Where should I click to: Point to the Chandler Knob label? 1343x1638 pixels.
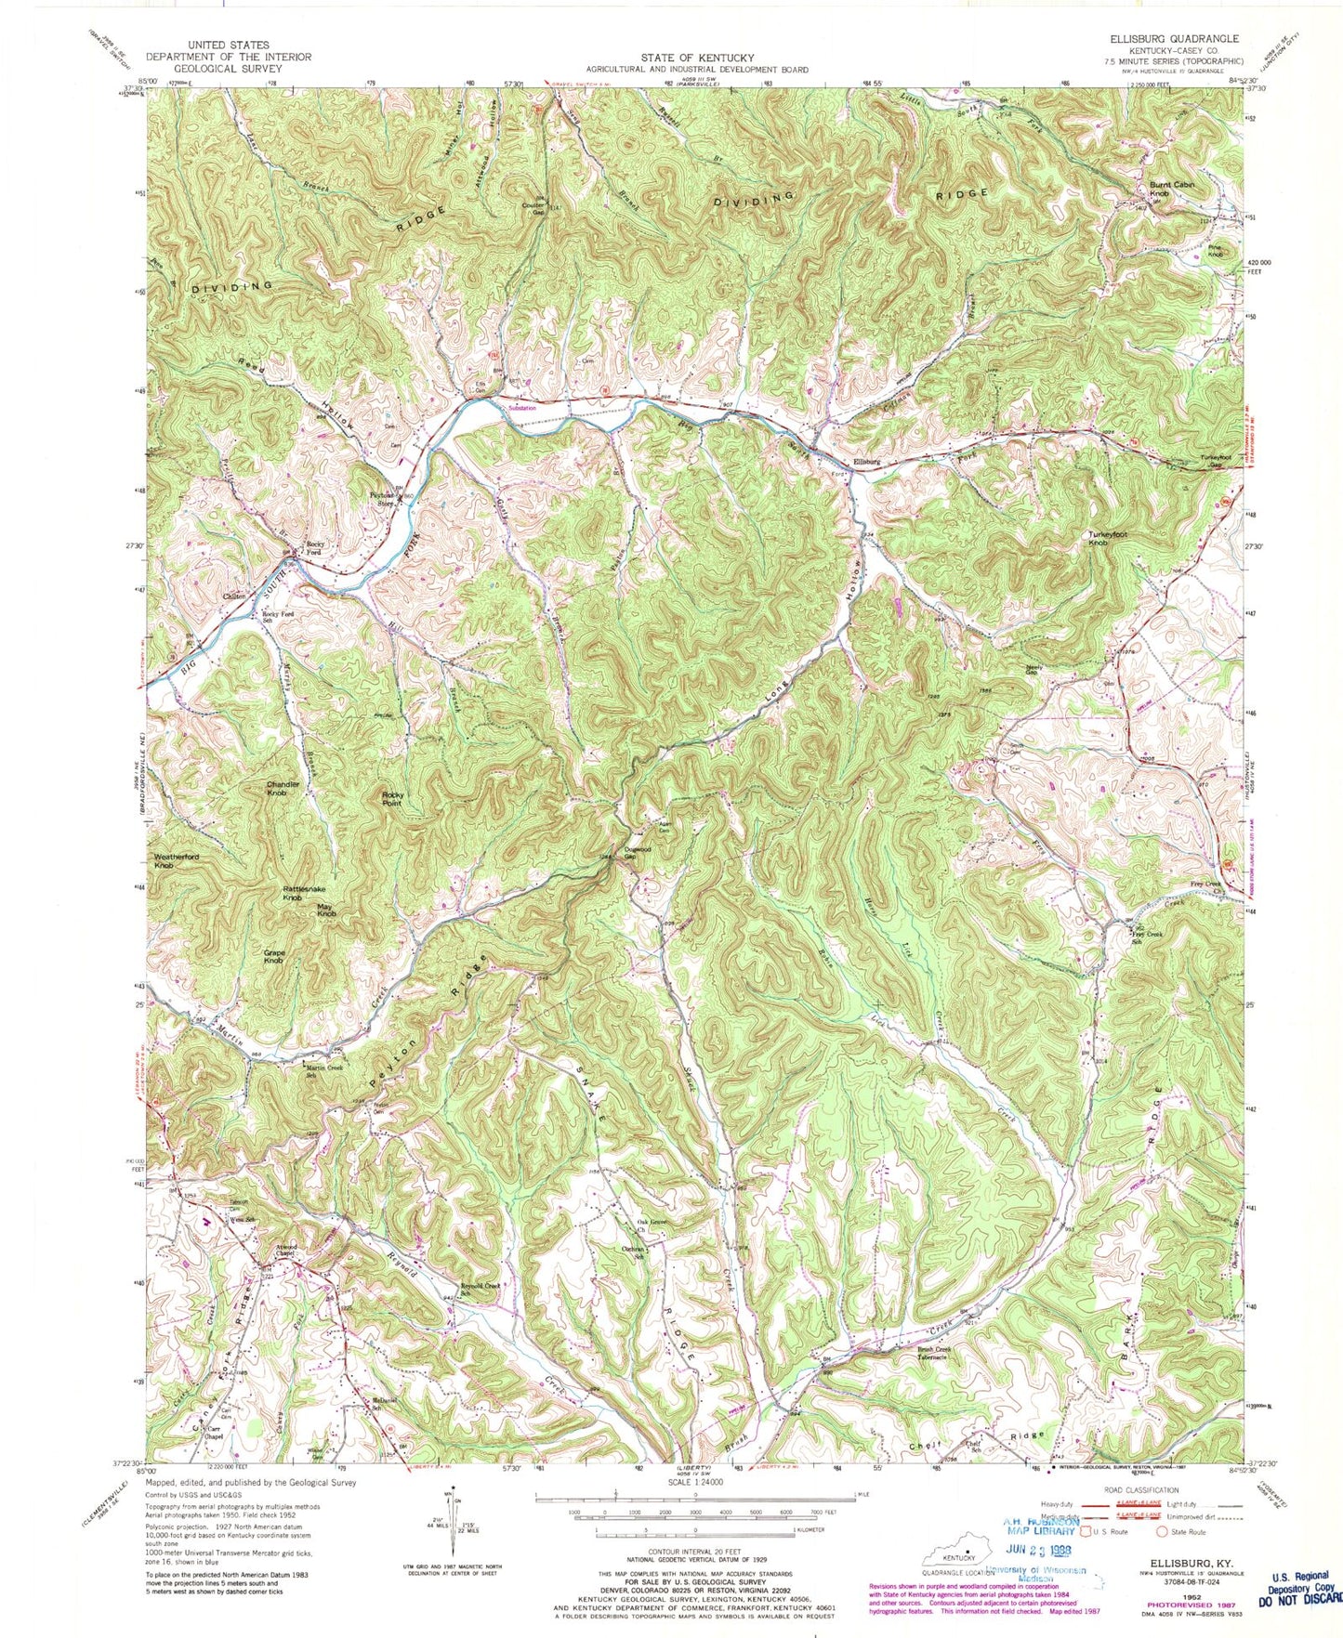pos(283,788)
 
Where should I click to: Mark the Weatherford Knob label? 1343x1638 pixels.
pos(177,860)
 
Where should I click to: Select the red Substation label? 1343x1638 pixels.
pos(521,406)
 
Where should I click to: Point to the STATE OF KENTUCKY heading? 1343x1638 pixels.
pos(696,57)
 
